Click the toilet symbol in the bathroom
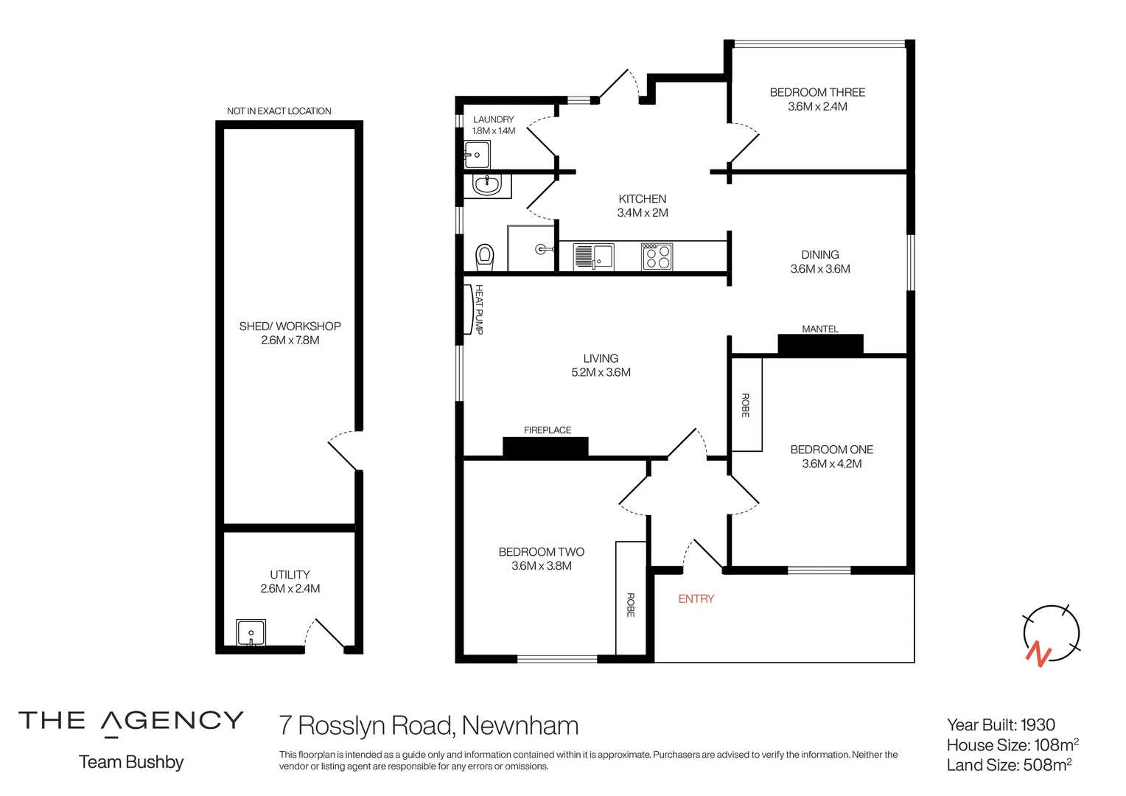pos(484,256)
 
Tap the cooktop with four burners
pos(657,256)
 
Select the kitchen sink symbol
pos(594,256)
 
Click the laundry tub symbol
pos(477,154)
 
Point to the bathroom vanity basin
pos(487,184)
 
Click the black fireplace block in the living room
pos(545,447)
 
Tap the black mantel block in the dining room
pos(820,344)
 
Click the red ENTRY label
pos(696,599)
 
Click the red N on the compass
pos(1038,654)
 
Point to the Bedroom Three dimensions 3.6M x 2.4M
pos(817,107)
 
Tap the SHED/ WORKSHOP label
pos(290,326)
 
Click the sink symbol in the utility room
pos(251,633)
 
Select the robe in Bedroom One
pos(746,405)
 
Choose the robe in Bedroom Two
pos(631,598)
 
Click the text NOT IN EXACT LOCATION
pos(279,111)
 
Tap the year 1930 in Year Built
pos(1038,725)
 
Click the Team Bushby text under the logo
pos(131,762)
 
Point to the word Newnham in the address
pos(520,726)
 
